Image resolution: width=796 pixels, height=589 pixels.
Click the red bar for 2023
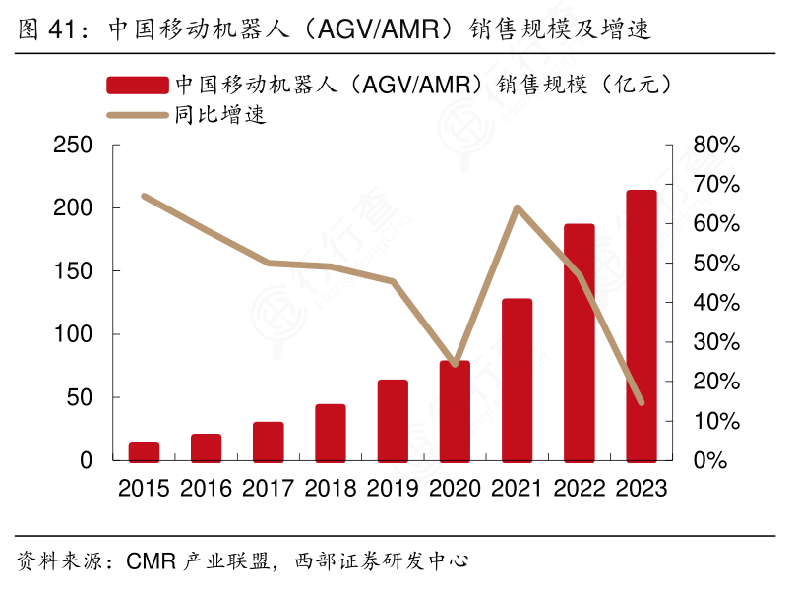641,325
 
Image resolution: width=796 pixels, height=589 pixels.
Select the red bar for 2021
517,380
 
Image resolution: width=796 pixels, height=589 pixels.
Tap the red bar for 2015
144,451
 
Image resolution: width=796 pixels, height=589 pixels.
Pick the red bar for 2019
393,420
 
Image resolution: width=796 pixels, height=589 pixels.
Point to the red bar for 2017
268,442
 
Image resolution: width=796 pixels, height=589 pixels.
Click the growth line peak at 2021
517,207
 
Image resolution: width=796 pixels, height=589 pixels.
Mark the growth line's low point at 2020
455,365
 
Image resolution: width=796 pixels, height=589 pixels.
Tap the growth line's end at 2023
641,402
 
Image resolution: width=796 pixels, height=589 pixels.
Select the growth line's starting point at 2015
144,196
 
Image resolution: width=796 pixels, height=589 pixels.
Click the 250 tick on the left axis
73,146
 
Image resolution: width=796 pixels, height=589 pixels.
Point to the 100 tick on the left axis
73,335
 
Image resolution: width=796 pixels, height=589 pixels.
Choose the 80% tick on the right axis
715,146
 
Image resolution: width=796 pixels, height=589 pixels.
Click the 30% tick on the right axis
715,342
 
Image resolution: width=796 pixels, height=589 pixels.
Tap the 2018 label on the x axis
330,488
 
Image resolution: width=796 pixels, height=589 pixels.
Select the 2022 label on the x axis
579,488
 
